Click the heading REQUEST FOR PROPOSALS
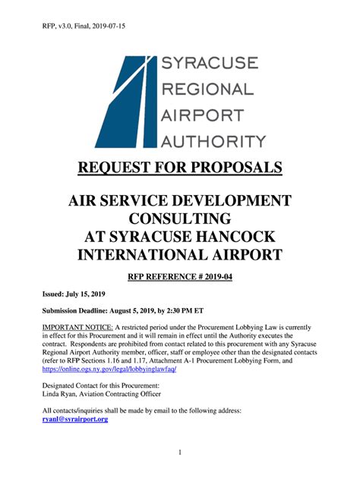tap(179, 167)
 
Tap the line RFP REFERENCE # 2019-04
tap(179, 278)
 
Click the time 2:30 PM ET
tap(197, 312)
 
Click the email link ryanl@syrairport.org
tap(75, 419)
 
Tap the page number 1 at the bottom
tap(180, 453)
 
